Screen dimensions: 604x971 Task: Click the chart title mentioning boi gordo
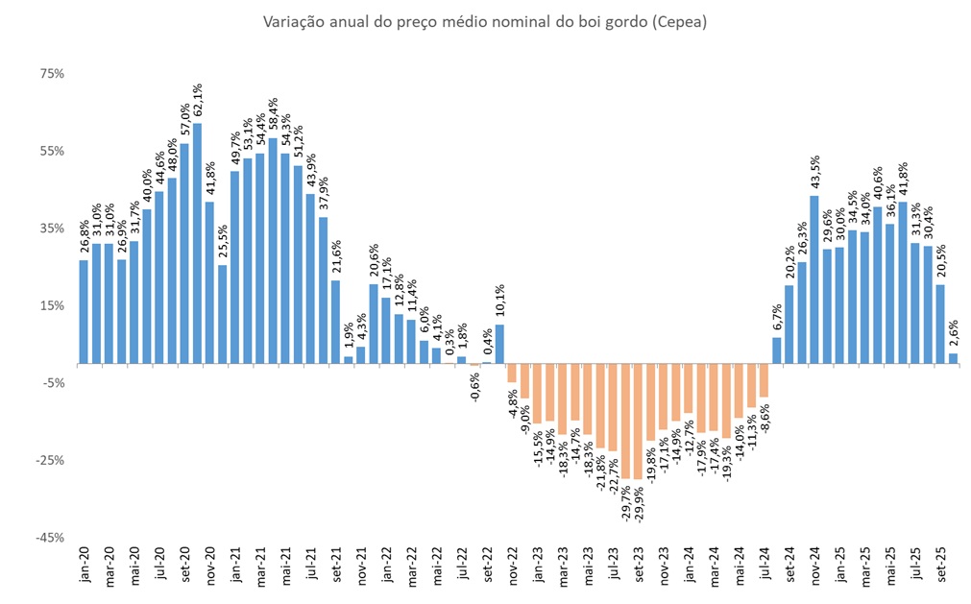tap(484, 21)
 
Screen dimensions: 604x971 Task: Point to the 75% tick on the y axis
tap(51, 74)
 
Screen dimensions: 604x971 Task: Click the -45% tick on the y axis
tap(49, 537)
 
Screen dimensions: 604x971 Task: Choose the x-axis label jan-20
tap(84, 567)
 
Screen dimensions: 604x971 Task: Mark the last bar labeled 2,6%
tap(953, 358)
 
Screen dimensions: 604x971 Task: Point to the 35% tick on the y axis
tap(51, 229)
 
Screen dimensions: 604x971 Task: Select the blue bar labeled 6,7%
tap(777, 350)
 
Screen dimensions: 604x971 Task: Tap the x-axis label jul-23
tap(613, 567)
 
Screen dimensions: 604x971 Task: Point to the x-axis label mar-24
tap(714, 567)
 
